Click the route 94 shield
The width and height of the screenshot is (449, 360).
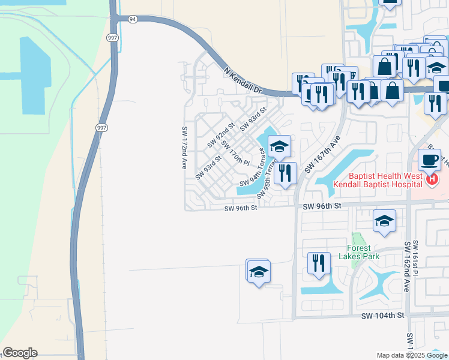(132, 19)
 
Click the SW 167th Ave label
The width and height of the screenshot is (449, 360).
(322, 154)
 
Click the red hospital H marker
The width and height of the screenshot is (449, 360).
(431, 179)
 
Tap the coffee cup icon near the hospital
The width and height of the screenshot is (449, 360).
(429, 160)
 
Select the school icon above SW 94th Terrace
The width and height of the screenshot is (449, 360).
(279, 146)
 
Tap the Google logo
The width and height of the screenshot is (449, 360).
(19, 353)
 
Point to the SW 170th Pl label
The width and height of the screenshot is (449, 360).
(235, 153)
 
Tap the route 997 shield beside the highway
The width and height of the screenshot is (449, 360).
(101, 127)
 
